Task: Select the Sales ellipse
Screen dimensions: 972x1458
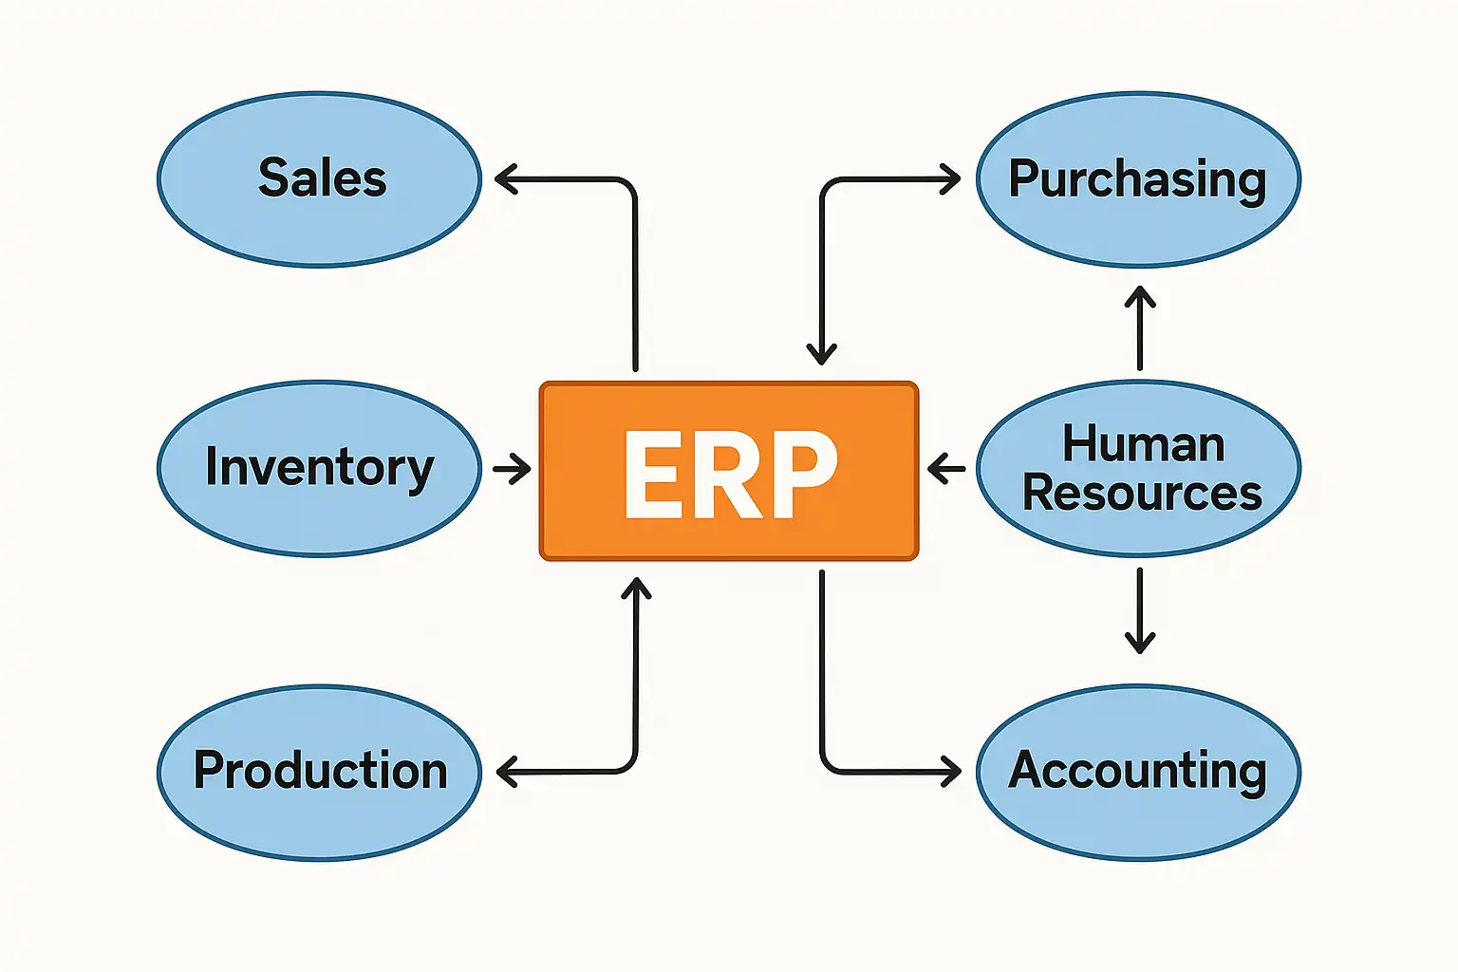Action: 320,179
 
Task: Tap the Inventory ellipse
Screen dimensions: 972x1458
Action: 320,468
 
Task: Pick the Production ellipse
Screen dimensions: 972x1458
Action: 320,772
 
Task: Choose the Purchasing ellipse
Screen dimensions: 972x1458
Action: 1138,179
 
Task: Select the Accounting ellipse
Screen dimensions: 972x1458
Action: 1138,772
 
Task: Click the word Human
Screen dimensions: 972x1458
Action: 1143,444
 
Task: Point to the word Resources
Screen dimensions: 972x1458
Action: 1142,494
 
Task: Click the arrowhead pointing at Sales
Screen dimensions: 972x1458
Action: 503,179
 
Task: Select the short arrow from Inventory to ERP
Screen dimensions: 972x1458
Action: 512,468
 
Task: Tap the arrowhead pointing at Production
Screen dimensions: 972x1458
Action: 505,772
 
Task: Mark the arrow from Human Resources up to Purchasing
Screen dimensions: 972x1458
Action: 1139,327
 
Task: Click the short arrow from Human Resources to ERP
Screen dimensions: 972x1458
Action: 945,468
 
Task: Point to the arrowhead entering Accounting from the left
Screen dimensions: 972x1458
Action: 952,772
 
